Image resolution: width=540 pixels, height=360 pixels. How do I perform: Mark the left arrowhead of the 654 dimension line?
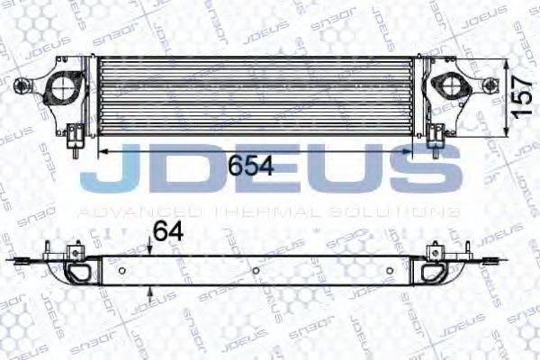coord(101,153)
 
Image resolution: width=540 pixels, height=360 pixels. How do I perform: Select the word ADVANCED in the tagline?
coord(117,211)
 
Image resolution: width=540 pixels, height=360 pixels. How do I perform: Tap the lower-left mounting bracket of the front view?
coord(76,137)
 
